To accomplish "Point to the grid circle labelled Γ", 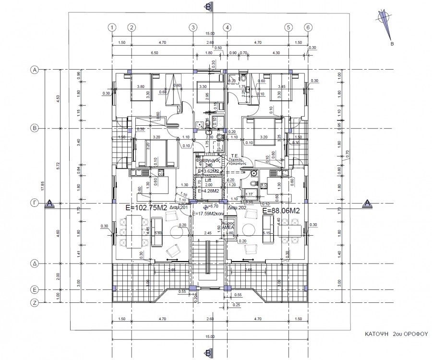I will click(35, 204).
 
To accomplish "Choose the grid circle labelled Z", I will click(35, 303).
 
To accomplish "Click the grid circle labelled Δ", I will click(35, 264).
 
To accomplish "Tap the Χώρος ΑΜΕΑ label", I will click(229, 226).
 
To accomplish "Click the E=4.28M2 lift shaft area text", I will click(208, 191).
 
